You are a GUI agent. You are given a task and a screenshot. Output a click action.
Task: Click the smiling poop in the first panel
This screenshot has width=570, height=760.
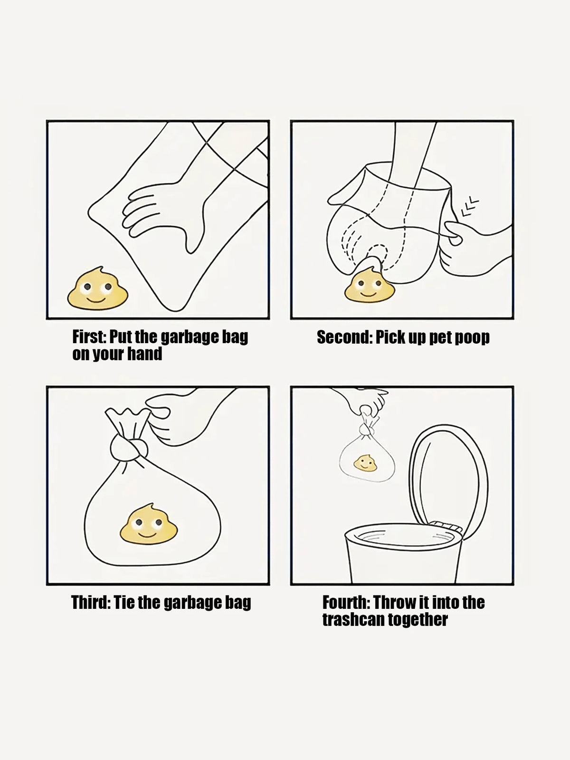click(x=97, y=288)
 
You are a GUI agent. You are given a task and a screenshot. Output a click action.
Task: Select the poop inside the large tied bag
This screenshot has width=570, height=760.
click(x=149, y=524)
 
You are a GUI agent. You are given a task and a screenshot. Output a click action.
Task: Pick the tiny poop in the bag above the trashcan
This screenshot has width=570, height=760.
click(x=365, y=463)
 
